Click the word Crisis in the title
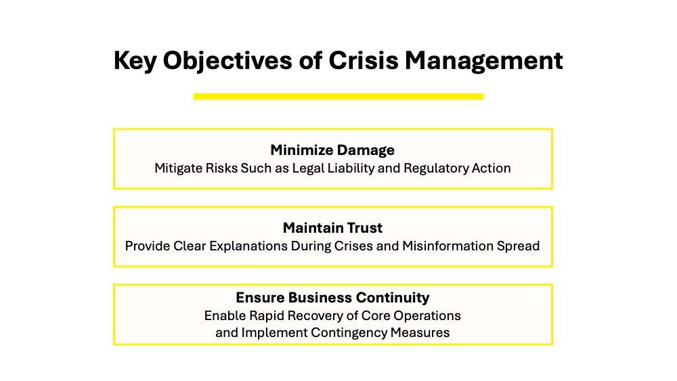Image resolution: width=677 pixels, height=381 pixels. tap(363, 60)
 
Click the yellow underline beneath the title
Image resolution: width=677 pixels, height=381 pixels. tap(338, 96)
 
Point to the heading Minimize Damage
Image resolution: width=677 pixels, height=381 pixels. tap(332, 150)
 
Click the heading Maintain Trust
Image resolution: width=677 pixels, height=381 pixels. tap(332, 227)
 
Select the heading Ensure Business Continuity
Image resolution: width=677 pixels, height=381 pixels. tap(332, 297)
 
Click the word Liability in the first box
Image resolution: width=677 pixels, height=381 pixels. tap(351, 169)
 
